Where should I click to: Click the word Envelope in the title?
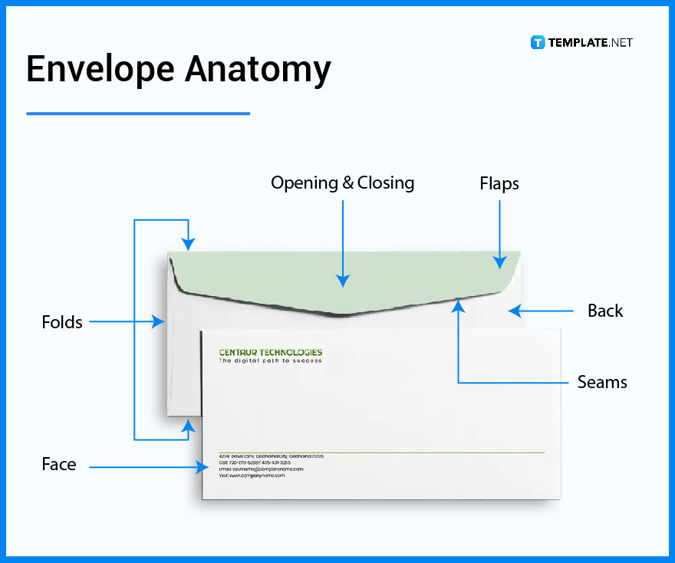(x=97, y=70)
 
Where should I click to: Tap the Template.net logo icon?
(x=538, y=42)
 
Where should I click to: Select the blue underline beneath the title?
(x=138, y=114)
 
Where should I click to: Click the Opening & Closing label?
(x=342, y=183)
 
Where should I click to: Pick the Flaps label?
(x=499, y=184)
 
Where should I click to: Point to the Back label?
(x=605, y=311)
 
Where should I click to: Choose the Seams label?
(x=602, y=382)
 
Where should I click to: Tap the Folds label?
(x=62, y=322)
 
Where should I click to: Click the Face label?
(x=59, y=464)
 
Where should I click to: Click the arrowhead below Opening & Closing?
(x=342, y=281)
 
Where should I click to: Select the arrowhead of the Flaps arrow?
(x=499, y=262)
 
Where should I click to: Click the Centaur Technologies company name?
(x=270, y=353)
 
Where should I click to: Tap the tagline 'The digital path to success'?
(x=270, y=361)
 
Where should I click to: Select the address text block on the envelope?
(x=261, y=466)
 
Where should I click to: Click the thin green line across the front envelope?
(x=384, y=453)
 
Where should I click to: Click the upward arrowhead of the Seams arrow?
(x=458, y=306)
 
